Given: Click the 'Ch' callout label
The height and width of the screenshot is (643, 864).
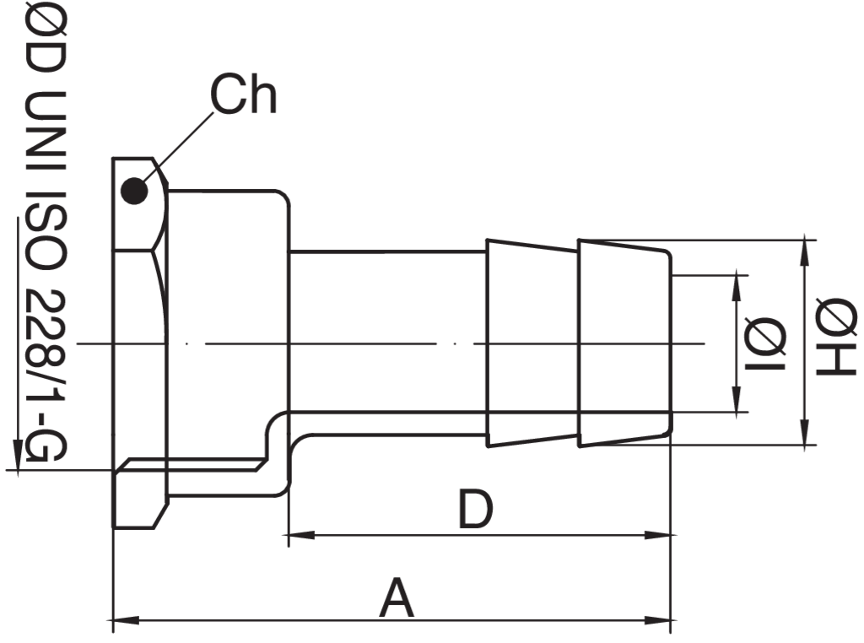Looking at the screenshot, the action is click(243, 95).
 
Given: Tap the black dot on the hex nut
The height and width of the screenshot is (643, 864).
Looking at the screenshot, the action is click(134, 192).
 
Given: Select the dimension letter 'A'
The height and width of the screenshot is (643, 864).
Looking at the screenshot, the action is click(397, 597).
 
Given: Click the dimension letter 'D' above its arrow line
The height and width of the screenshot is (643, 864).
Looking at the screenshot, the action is click(475, 509).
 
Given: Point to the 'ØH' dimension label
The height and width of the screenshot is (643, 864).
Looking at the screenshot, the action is click(836, 337).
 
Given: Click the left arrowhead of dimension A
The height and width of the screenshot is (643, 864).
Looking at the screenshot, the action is click(126, 621).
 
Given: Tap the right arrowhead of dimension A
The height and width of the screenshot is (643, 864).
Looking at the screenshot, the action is click(658, 621).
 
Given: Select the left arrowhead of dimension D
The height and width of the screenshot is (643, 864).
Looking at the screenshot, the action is click(301, 534).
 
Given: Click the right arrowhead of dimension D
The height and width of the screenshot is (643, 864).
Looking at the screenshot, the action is click(658, 534).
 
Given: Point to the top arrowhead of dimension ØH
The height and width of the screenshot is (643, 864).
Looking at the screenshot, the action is click(807, 252).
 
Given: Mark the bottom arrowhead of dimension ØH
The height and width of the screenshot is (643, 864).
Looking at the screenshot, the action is click(807, 432).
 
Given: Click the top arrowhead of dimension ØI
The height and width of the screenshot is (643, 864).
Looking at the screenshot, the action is click(736, 288).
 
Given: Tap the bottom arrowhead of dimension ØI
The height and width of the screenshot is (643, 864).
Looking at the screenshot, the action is click(736, 399).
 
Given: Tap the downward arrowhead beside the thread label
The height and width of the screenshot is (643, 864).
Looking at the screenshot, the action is click(18, 455).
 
